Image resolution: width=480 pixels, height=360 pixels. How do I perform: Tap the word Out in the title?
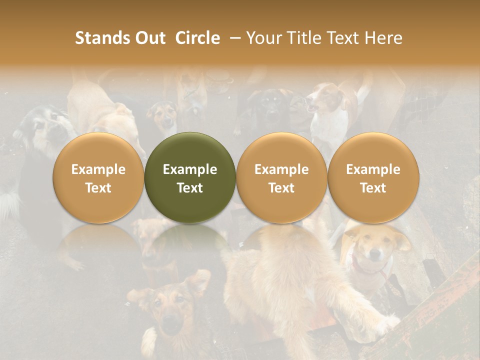149,38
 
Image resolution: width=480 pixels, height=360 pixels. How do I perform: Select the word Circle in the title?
197,38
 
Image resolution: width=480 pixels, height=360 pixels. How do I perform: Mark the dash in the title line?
233,38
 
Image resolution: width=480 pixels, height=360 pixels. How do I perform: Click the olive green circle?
190,177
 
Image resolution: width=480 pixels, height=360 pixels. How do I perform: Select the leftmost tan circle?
98,177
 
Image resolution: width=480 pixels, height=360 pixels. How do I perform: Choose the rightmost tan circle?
373,177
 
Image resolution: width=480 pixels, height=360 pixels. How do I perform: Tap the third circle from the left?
281,177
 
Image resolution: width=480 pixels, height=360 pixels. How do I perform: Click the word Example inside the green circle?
190,169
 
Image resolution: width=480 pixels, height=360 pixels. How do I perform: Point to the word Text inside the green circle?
190,188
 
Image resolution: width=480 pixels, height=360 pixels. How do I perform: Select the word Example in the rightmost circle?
373,169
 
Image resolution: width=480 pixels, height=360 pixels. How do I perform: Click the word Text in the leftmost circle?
98,188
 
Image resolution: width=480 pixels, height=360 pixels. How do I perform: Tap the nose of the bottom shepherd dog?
171,327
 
